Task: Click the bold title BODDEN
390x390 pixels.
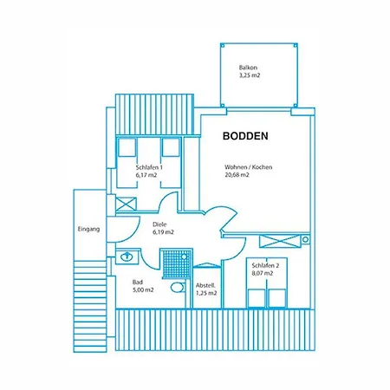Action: coord(245,136)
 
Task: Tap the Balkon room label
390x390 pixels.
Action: coord(250,68)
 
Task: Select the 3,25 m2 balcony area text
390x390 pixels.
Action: coord(250,76)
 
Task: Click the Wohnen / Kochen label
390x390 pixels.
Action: coord(248,166)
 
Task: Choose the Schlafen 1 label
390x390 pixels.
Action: coord(151,166)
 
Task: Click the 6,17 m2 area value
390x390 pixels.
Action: coord(146,175)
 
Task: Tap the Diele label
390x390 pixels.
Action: coord(161,224)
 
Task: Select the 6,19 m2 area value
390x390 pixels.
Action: coord(163,232)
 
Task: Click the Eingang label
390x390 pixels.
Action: coord(89,229)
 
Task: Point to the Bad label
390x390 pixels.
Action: coord(137,282)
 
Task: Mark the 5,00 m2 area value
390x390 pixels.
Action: coord(144,290)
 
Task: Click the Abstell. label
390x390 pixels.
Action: coord(205,285)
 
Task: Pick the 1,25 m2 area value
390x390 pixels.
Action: coord(206,294)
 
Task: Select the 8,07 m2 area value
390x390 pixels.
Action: coord(262,273)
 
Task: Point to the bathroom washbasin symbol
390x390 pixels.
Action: coord(127,257)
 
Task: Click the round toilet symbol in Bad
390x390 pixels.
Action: coord(177,287)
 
